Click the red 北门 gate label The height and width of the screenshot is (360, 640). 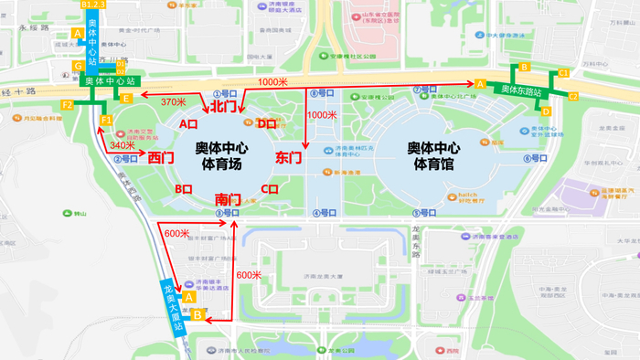(x=225, y=107)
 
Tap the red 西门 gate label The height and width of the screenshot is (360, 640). (x=161, y=158)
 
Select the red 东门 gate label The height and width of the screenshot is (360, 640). (x=288, y=158)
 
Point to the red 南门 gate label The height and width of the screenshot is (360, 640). (x=228, y=198)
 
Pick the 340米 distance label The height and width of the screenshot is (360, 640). (x=123, y=145)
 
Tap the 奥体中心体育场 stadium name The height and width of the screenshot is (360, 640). (x=222, y=156)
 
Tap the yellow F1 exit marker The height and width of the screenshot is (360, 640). (x=106, y=121)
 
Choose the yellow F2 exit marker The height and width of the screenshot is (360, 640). (x=67, y=106)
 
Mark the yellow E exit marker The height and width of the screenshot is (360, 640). (x=127, y=98)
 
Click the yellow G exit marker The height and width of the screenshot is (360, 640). (x=79, y=66)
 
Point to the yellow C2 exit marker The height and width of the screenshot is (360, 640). (x=573, y=96)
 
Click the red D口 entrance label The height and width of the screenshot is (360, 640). (x=267, y=123)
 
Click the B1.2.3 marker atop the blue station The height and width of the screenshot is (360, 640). (x=94, y=5)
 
